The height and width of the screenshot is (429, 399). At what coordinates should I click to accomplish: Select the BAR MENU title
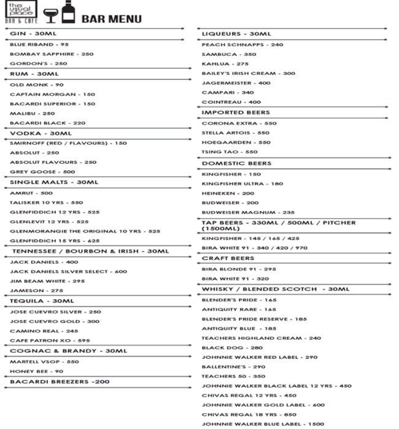(111, 19)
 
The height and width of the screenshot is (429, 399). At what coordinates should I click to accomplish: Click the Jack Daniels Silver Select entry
(69, 271)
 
